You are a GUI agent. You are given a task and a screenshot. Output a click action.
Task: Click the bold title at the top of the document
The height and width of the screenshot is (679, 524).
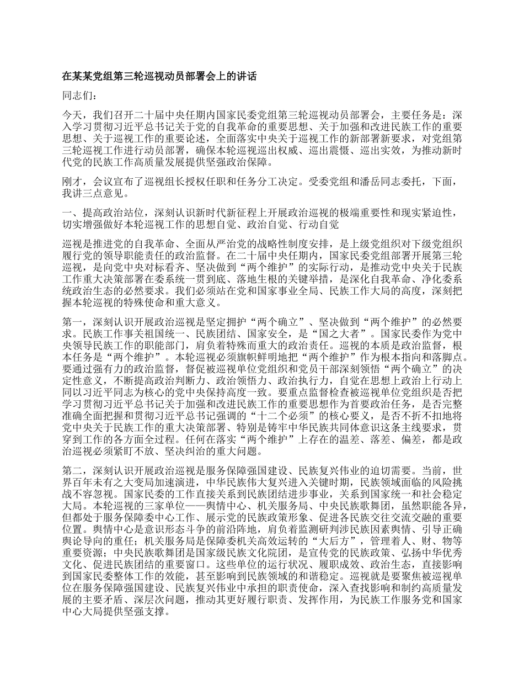click(x=160, y=77)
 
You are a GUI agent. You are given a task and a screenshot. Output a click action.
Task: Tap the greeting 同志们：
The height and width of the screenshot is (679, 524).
click(x=81, y=96)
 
